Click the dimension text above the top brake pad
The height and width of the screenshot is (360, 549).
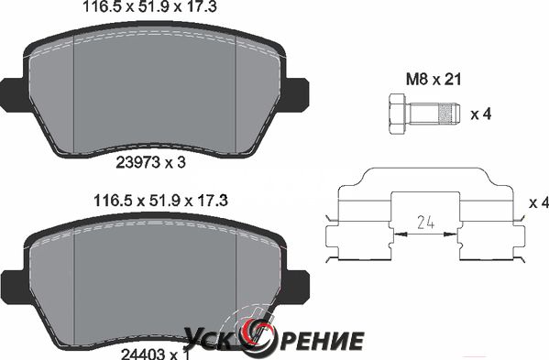pyautogui.click(x=150, y=6)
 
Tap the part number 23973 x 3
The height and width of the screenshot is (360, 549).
pyautogui.click(x=150, y=162)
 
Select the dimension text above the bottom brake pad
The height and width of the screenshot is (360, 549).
pyautogui.click(x=160, y=201)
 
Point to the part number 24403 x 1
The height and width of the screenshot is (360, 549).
pyautogui.click(x=155, y=355)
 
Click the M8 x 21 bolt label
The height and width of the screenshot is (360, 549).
pyautogui.click(x=434, y=80)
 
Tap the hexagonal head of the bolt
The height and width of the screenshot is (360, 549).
pyautogui.click(x=398, y=114)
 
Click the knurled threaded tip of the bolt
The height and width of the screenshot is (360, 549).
pyautogui.click(x=450, y=114)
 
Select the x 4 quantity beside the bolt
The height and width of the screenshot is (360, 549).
pyautogui.click(x=481, y=115)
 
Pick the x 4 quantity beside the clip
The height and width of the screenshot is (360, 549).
pyautogui.click(x=539, y=202)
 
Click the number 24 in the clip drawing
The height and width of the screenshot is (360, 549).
pyautogui.click(x=426, y=223)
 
